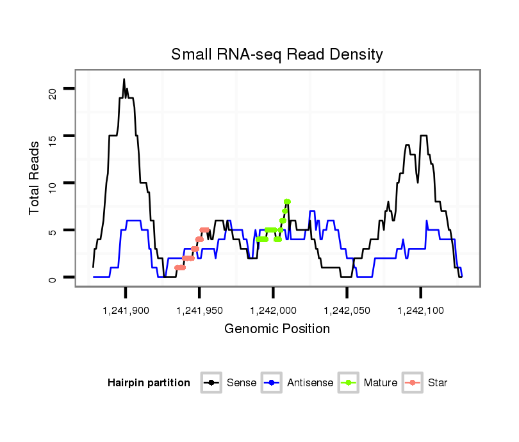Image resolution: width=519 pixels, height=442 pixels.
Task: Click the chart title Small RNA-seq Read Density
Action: tap(277, 54)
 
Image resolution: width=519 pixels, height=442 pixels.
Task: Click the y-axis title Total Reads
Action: tap(35, 177)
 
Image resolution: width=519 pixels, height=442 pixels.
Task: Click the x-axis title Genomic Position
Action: tap(277, 329)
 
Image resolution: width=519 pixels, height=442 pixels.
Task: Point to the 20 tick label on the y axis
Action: tap(52, 88)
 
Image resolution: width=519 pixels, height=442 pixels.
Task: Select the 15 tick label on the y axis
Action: tap(52, 136)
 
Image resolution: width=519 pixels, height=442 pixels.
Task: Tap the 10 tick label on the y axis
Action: tap(52, 183)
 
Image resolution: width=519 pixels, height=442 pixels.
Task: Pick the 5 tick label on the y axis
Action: tap(52, 231)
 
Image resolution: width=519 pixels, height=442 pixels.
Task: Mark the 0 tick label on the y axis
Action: tap(52, 278)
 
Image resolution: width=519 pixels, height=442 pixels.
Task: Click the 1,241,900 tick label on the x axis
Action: tap(126, 311)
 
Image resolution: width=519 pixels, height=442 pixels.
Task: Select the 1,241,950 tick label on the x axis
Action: tap(199, 311)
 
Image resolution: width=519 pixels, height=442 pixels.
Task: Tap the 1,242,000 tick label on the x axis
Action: tap(273, 311)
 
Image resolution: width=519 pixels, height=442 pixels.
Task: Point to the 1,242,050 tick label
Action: tap(347, 311)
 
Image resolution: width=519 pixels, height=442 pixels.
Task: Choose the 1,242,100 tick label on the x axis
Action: tap(420, 311)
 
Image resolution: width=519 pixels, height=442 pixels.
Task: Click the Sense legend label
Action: tap(242, 383)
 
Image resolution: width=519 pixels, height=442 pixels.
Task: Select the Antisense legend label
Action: tap(310, 383)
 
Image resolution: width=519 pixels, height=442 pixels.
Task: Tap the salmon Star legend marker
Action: tap(412, 383)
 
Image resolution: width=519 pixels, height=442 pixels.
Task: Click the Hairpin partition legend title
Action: tap(149, 383)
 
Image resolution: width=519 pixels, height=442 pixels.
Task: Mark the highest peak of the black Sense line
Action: tap(124, 79)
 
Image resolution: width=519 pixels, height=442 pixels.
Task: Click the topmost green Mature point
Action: tap(287, 202)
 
